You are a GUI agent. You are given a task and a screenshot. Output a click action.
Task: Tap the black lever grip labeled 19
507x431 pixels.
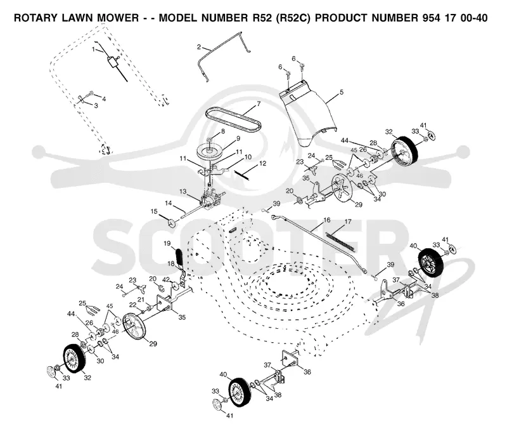tap(179, 256)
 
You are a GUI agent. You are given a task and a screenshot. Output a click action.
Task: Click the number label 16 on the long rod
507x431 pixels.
tap(327, 220)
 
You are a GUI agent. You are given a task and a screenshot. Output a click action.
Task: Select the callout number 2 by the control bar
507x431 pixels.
tap(198, 47)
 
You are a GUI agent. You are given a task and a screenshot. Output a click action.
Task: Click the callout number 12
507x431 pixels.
tap(262, 164)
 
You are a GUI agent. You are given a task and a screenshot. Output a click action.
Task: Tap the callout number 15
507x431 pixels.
tap(154, 211)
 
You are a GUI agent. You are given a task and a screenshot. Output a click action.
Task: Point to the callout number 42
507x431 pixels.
tap(166, 279)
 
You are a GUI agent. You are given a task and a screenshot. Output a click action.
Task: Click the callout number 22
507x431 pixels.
tap(132, 305)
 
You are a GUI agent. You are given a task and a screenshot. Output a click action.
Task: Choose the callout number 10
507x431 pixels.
tap(248, 157)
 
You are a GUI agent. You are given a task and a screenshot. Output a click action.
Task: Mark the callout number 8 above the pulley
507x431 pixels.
tap(223, 131)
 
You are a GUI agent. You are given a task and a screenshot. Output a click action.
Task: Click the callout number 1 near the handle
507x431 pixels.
tap(93, 50)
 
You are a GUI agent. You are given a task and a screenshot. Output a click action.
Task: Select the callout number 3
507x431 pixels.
tap(96, 105)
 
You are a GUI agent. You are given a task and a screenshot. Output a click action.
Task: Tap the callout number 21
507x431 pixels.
tap(141, 300)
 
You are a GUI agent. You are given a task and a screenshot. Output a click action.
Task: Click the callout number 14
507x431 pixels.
tap(169, 203)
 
